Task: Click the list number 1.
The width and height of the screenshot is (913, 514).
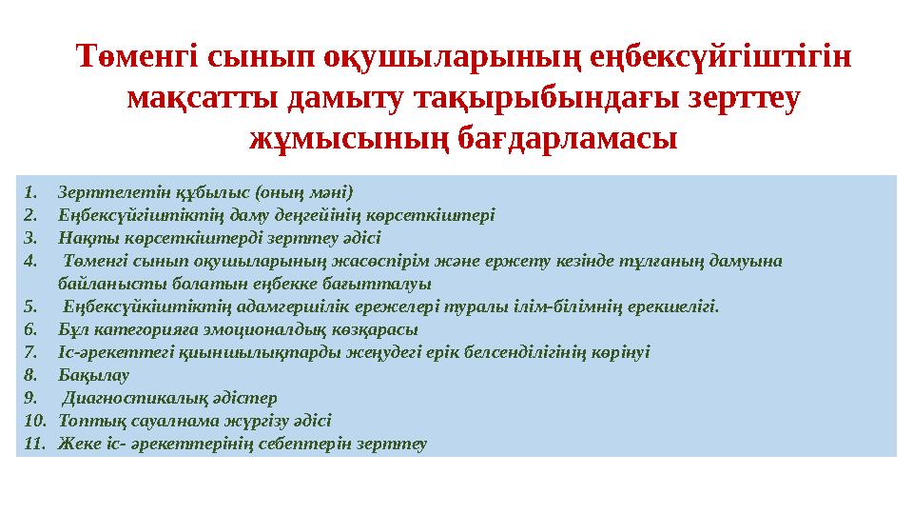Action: point(31,191)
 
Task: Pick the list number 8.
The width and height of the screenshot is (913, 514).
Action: point(31,375)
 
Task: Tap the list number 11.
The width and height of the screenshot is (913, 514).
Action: point(35,444)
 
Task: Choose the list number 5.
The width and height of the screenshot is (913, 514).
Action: point(31,306)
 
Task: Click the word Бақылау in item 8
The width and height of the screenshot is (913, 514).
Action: point(93,375)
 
